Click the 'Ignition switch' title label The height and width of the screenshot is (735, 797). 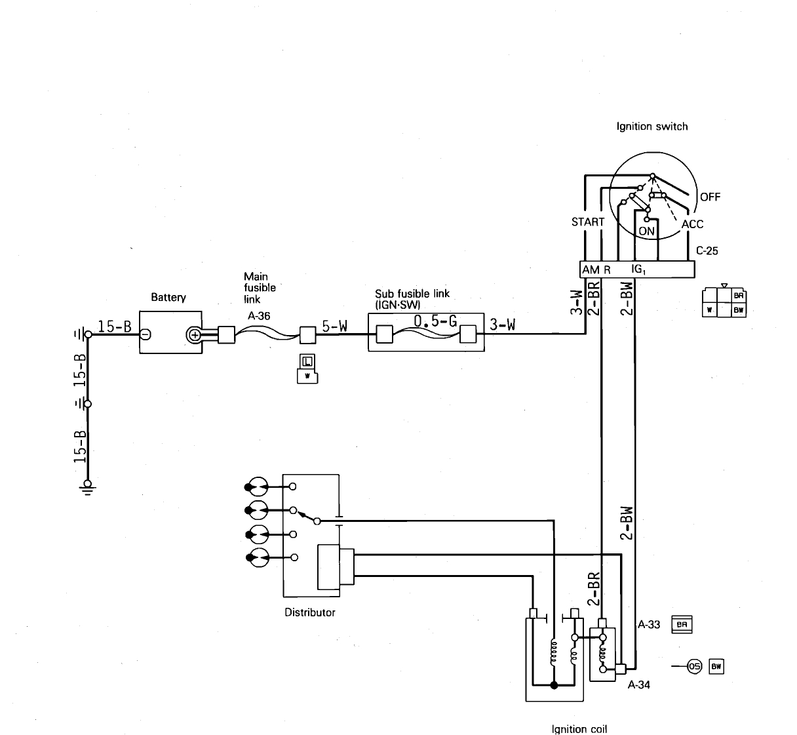pyautogui.click(x=652, y=127)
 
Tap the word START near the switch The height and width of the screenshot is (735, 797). pyautogui.click(x=587, y=222)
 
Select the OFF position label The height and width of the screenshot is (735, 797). pyautogui.click(x=710, y=197)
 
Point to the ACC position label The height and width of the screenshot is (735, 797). pyautogui.click(x=692, y=224)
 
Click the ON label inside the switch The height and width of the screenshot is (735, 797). pyautogui.click(x=646, y=231)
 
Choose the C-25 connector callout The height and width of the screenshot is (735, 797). pyautogui.click(x=707, y=250)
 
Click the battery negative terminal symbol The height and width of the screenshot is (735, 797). pyautogui.click(x=146, y=334)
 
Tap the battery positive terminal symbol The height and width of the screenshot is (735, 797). pyautogui.click(x=195, y=335)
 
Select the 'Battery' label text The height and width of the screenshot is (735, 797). pyautogui.click(x=168, y=298)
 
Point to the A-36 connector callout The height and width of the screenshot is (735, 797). pyautogui.click(x=259, y=315)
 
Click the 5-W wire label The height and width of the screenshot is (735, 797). pyautogui.click(x=334, y=326)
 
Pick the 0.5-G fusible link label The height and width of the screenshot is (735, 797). pyautogui.click(x=435, y=321)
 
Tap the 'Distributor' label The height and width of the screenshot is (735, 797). pyautogui.click(x=309, y=612)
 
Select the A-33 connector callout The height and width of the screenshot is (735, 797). pyautogui.click(x=649, y=624)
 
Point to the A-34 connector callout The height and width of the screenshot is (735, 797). pyautogui.click(x=638, y=685)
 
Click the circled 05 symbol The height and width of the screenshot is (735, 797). pyautogui.click(x=694, y=667)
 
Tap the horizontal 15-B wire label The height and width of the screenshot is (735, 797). pyautogui.click(x=115, y=326)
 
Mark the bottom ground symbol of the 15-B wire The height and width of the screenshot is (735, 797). pyautogui.click(x=87, y=486)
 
